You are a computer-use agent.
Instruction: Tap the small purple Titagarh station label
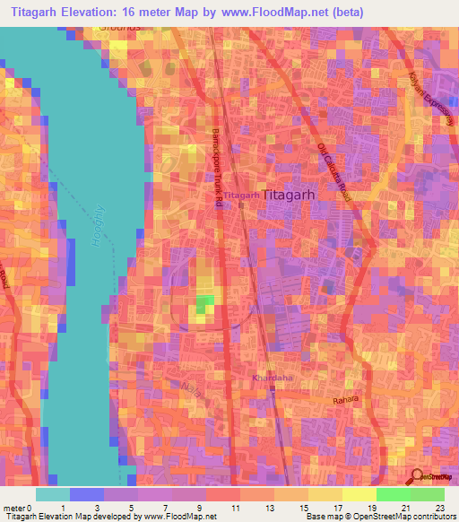tap(241, 194)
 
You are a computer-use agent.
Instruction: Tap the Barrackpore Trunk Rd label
tap(217, 167)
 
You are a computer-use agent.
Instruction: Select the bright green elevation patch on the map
tap(205, 304)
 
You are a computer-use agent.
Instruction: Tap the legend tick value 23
tap(438, 509)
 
